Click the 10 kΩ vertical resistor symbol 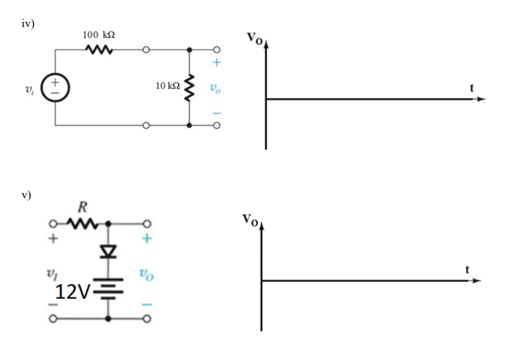coord(189,87)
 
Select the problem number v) coord(26,193)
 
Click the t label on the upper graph coord(474,90)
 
